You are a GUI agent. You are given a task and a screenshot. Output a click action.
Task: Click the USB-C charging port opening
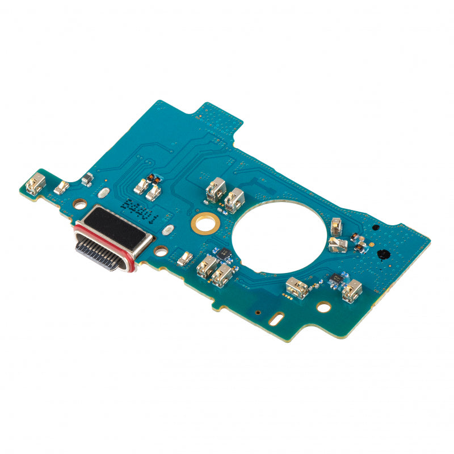[99, 253]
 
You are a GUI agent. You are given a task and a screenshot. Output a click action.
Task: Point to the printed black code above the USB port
[139, 209]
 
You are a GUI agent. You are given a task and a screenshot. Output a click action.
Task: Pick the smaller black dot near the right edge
[375, 227]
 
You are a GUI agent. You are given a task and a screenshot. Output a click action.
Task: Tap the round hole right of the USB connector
[161, 250]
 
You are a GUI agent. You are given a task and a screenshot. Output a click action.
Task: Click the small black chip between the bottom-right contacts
[337, 278]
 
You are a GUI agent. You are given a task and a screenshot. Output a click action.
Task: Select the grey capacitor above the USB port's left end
[87, 180]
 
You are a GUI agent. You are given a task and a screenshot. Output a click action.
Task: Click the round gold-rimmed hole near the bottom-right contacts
[323, 307]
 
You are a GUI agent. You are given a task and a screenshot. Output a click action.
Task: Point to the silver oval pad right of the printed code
[167, 230]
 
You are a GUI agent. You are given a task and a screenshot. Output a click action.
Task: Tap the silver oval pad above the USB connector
[104, 192]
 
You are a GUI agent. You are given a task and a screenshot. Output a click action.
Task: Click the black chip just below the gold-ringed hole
[224, 254]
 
